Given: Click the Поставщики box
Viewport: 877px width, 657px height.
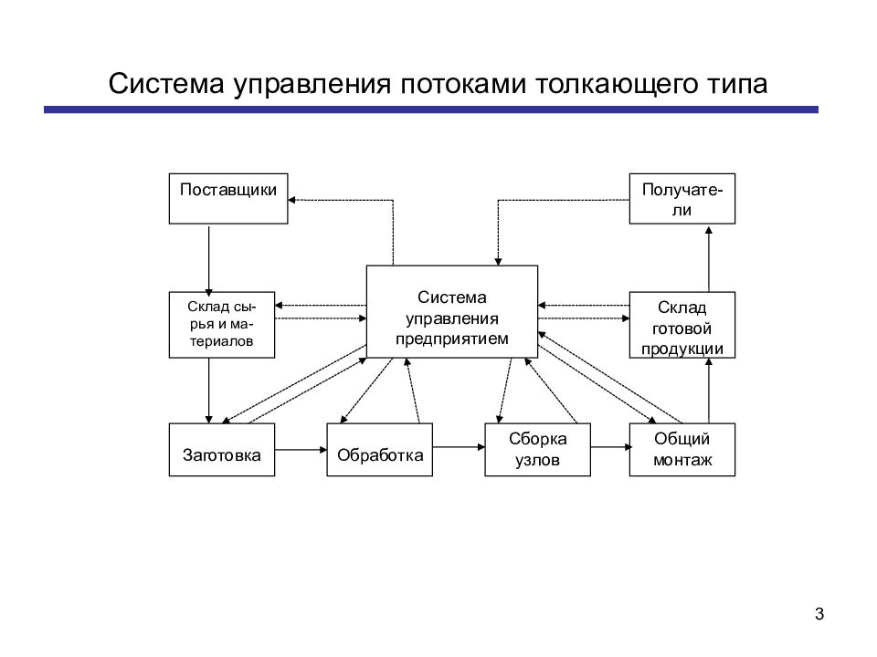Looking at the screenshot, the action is click(228, 199).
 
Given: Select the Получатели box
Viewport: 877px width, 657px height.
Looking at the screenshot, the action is click(682, 199).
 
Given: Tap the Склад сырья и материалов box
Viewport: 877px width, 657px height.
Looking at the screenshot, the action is click(221, 325).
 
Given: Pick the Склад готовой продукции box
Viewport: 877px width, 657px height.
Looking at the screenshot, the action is click(682, 325).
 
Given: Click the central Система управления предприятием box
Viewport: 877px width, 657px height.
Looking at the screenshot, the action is click(452, 312).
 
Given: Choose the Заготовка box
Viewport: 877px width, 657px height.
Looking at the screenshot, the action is click(221, 450).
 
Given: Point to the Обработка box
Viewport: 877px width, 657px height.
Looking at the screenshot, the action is click(379, 450).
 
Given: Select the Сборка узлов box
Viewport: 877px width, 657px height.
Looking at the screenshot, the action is click(537, 450).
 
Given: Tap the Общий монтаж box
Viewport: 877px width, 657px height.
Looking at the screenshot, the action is click(682, 450).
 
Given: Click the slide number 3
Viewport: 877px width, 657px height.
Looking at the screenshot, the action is click(819, 614).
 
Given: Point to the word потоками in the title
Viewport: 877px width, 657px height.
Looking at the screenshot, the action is click(462, 84).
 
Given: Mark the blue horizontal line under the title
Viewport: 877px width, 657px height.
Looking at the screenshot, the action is click(431, 110).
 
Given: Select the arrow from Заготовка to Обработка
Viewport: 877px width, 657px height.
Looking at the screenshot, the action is click(301, 450).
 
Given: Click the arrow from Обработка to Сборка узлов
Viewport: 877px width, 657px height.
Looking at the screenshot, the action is click(459, 447).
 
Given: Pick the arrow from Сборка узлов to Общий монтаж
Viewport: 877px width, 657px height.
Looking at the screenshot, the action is click(610, 447).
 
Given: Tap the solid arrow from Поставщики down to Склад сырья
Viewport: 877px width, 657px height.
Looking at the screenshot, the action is click(208, 260).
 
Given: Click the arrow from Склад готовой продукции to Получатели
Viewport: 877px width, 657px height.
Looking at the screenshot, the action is click(709, 258).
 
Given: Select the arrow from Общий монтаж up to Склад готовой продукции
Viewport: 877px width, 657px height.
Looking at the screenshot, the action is click(709, 391).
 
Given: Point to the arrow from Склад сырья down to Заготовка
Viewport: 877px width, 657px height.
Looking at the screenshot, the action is click(208, 391).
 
